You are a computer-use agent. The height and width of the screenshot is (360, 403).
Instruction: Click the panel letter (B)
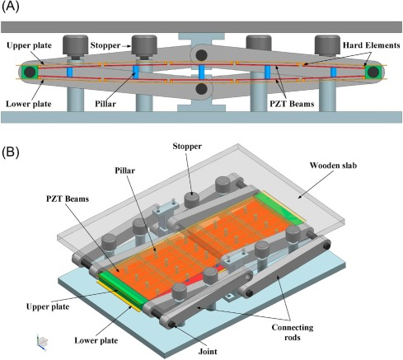[x=12, y=153]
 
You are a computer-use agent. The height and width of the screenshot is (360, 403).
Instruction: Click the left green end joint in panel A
[x=30, y=74]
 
